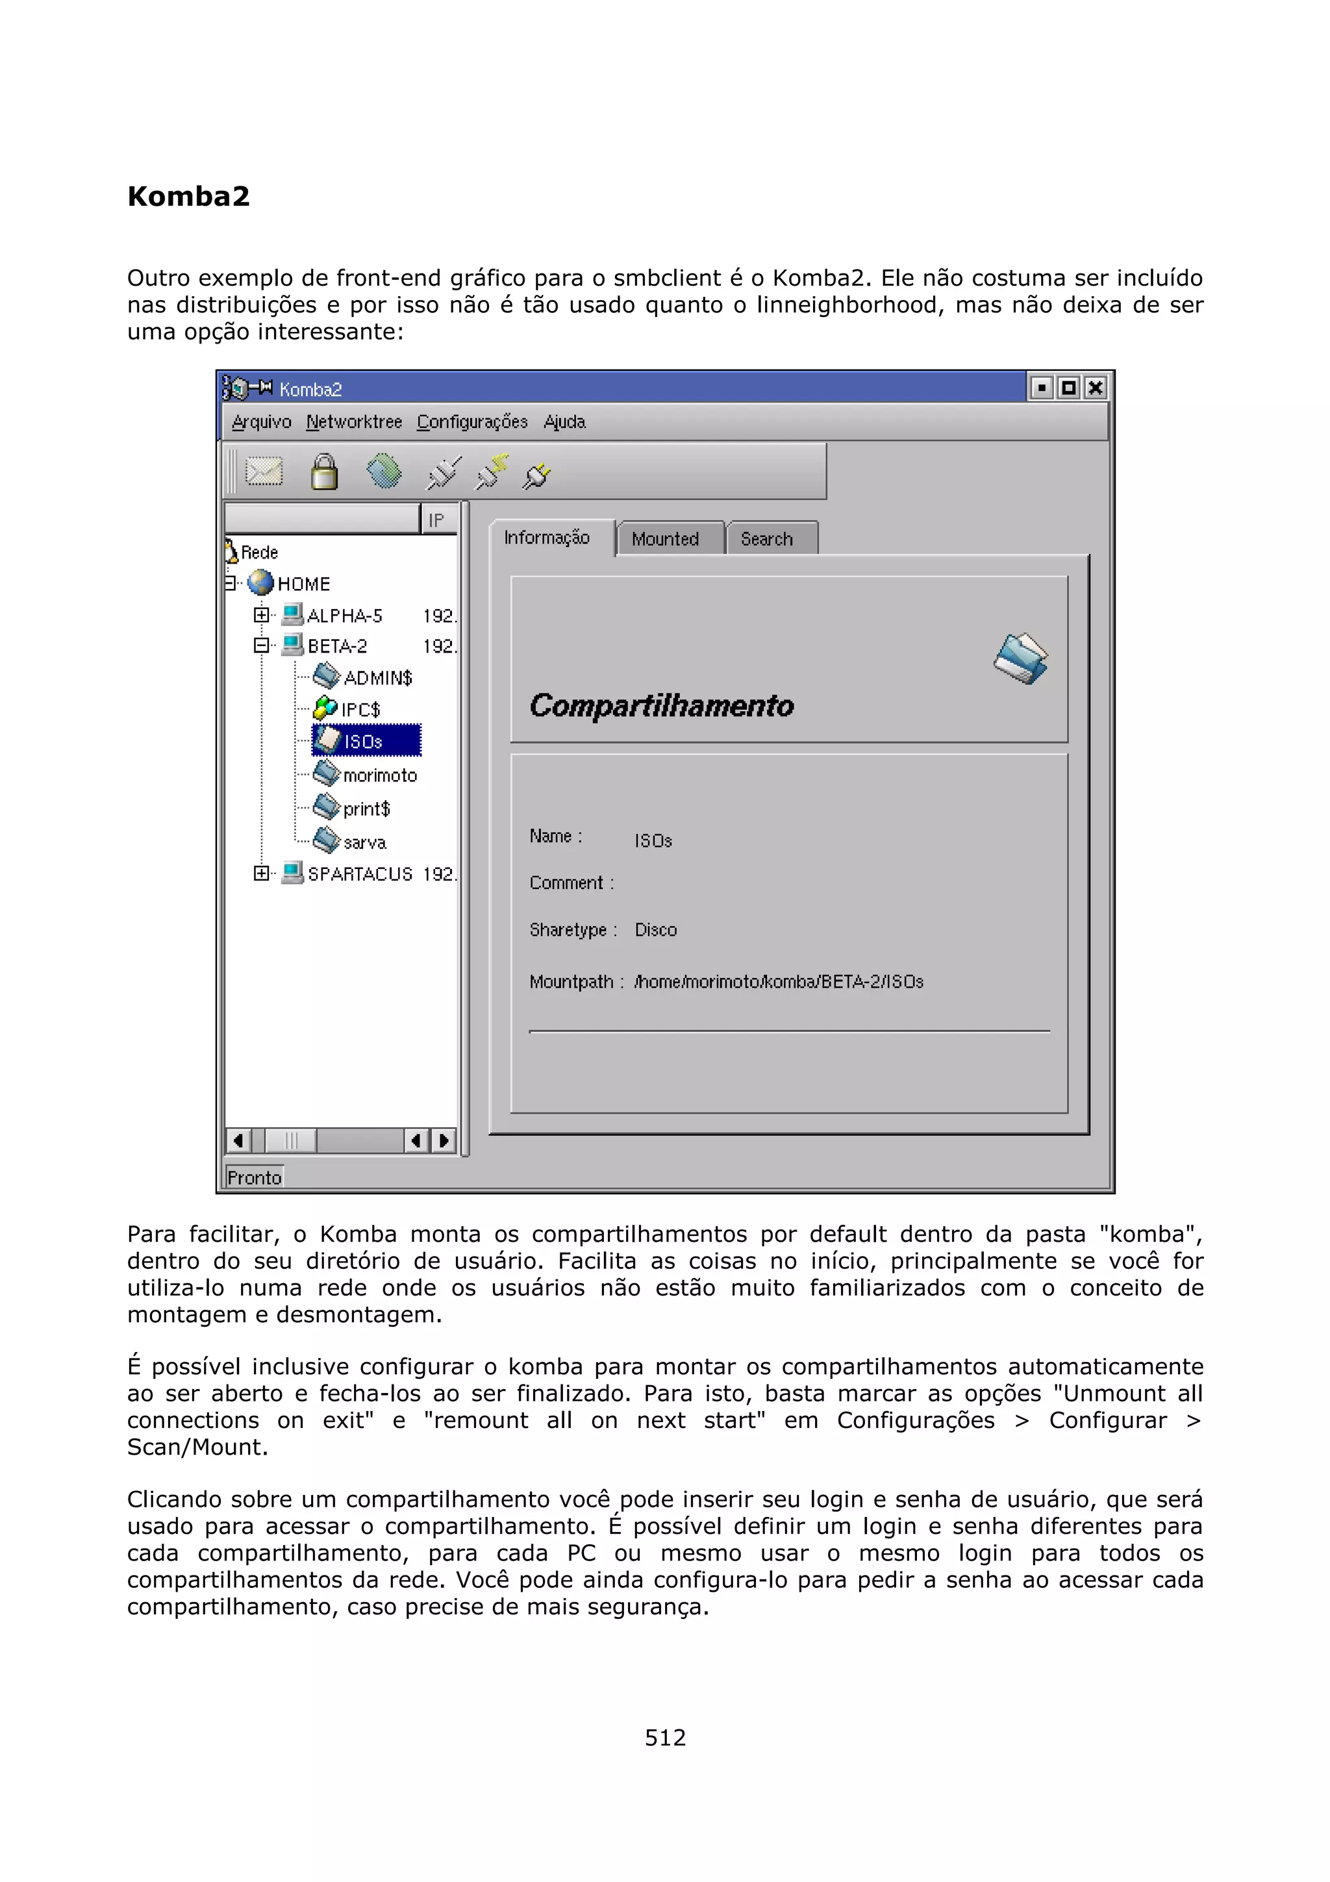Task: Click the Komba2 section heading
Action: tap(188, 197)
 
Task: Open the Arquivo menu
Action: tap(262, 422)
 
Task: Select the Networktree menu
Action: tap(354, 422)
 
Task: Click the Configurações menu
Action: tap(472, 422)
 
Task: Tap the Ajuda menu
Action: tap(564, 422)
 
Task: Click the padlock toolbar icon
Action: tap(323, 472)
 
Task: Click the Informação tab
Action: tap(547, 538)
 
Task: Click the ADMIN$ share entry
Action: tap(376, 678)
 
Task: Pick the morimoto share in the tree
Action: tap(379, 775)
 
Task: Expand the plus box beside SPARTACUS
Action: tap(260, 873)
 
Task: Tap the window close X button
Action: tap(1096, 388)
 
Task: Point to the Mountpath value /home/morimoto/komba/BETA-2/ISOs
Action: tap(779, 982)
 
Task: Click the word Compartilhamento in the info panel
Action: tap(661, 707)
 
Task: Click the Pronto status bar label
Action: tap(254, 1178)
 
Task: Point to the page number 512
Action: tap(664, 1737)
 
